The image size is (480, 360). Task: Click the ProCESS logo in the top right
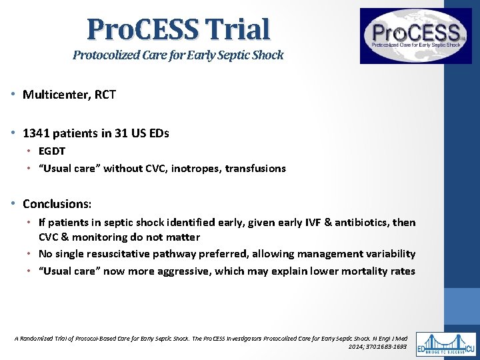coord(415,35)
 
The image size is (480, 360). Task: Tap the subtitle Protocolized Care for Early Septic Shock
coord(178,55)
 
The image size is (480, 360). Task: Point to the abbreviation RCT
coord(105,95)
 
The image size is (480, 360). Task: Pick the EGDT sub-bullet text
coord(52,151)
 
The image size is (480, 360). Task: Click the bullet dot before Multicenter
coord(14,95)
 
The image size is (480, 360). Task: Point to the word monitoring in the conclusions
coord(92,237)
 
